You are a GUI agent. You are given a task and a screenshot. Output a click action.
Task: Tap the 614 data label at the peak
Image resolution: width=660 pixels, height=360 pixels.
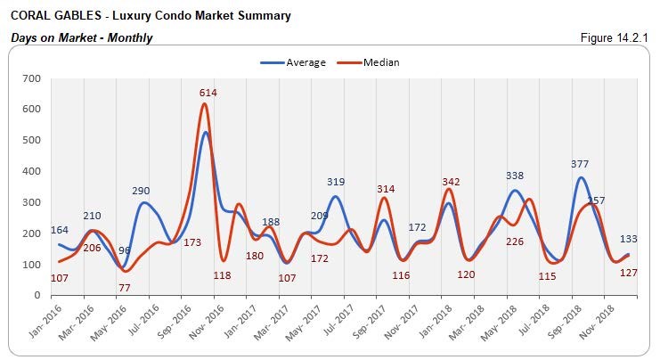208,93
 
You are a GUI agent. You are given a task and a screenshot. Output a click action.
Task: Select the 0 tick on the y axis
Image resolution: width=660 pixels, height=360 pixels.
37,296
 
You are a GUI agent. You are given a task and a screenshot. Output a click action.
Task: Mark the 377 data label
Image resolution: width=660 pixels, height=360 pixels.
580,164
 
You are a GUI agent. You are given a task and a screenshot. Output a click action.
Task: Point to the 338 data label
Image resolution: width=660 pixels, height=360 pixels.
514,176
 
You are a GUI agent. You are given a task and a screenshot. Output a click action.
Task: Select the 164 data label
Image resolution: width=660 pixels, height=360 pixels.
60,230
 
